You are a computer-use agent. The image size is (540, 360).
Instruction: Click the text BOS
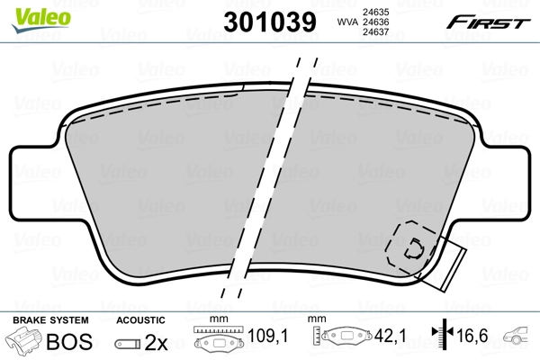tap(67, 341)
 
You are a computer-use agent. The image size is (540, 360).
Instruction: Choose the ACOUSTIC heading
tap(141, 320)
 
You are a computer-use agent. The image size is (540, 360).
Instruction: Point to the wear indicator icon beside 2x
tap(127, 343)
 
